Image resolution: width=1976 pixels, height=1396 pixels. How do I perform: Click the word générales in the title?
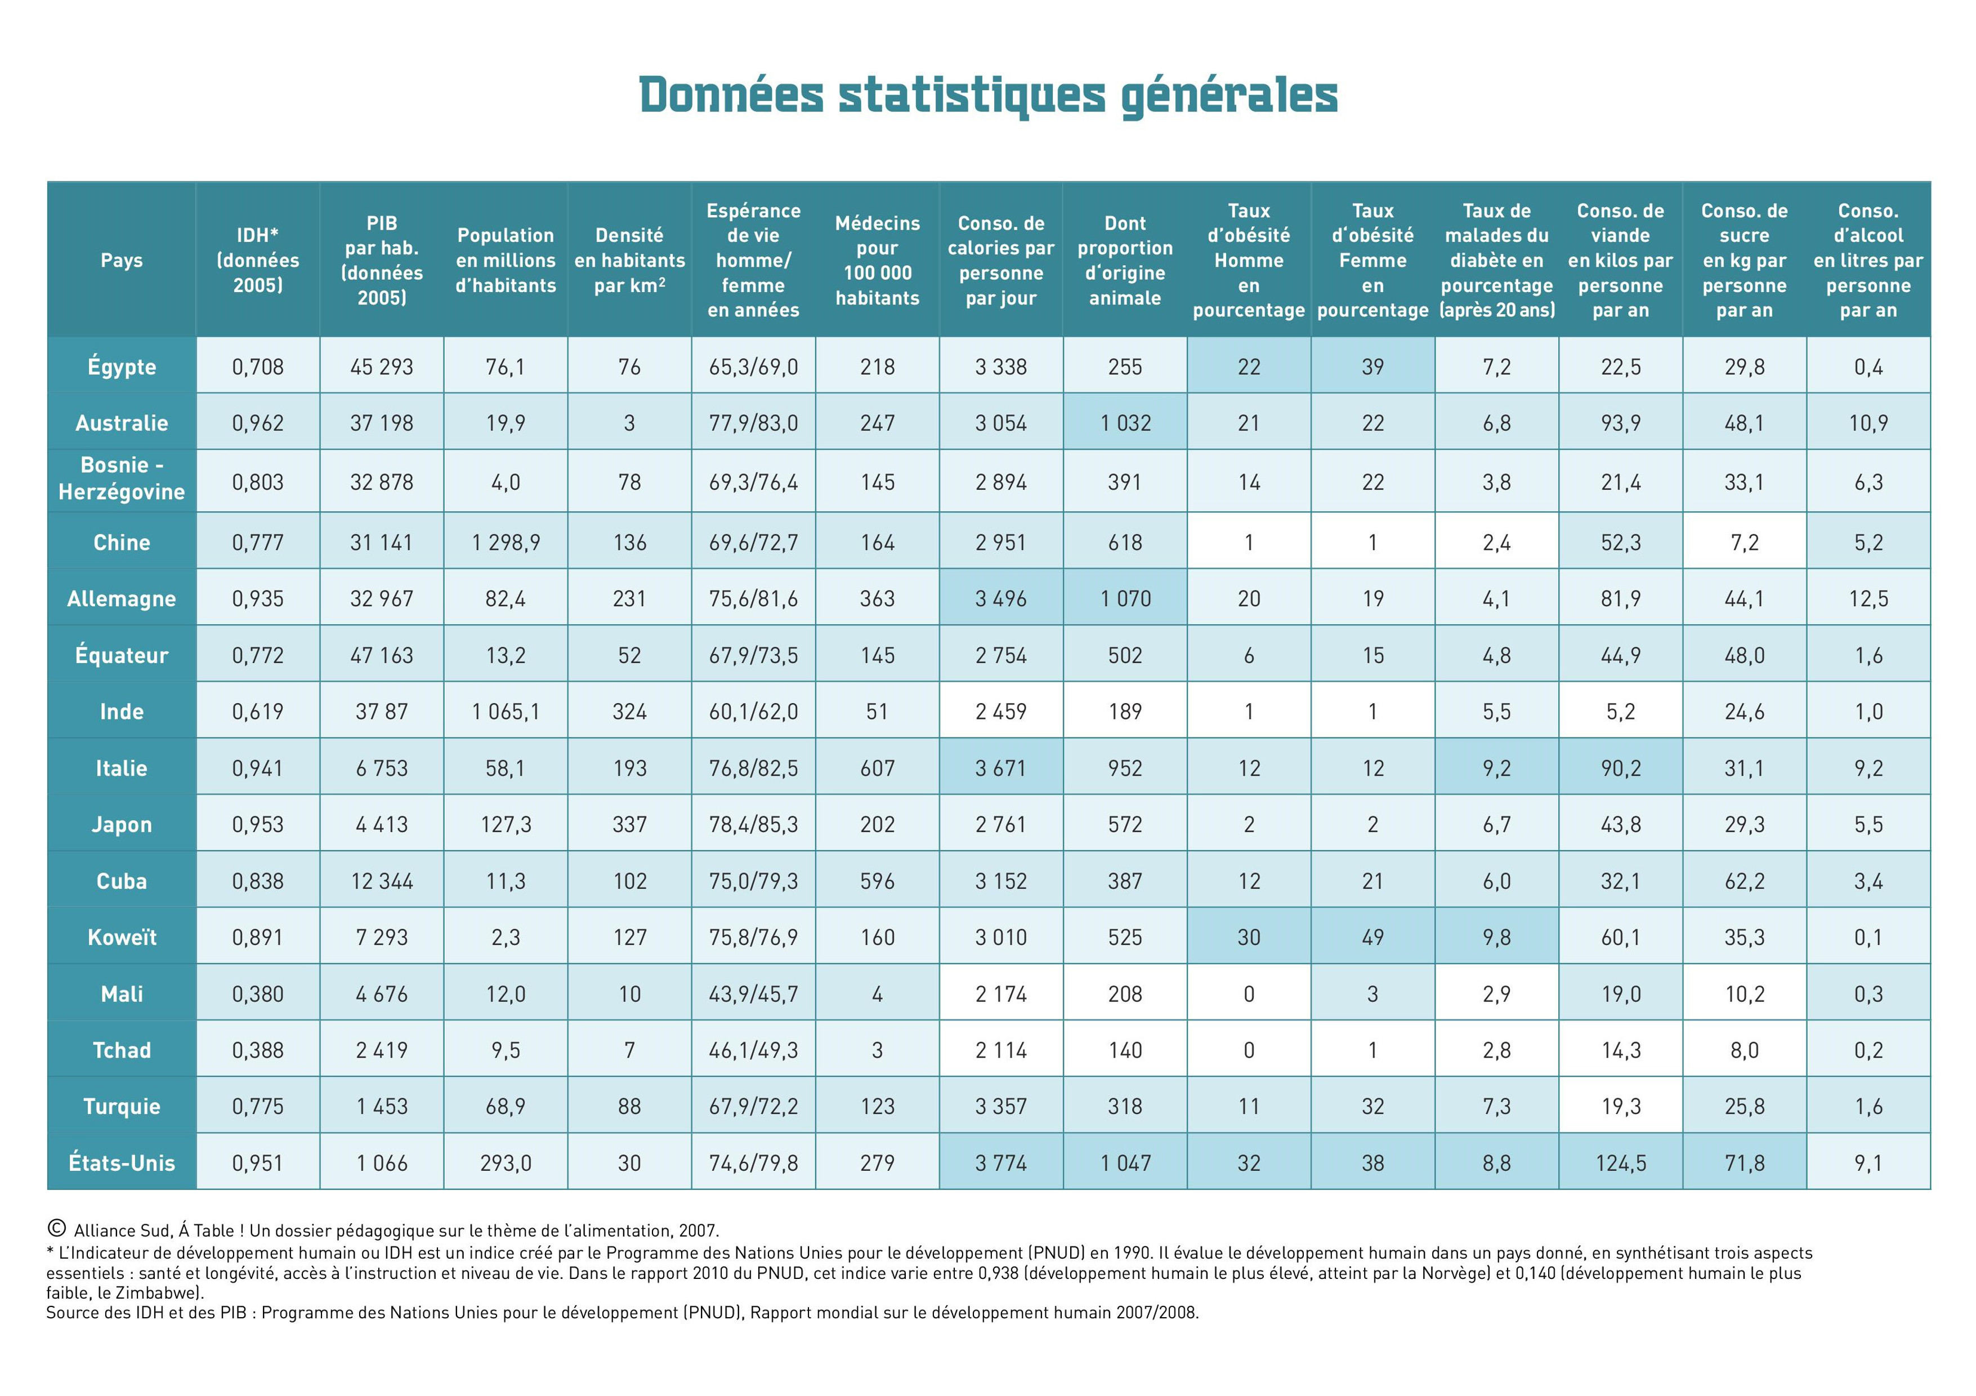[x=1229, y=96]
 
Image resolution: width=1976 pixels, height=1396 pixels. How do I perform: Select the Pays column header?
[x=122, y=260]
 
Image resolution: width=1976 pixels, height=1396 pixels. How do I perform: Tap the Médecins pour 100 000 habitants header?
[x=877, y=260]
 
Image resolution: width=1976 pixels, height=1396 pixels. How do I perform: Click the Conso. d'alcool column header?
[x=1867, y=260]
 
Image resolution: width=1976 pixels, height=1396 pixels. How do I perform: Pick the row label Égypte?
[x=122, y=366]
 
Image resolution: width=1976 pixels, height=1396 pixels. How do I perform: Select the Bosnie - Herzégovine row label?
[x=122, y=478]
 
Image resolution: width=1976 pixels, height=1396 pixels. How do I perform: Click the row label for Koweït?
[x=122, y=937]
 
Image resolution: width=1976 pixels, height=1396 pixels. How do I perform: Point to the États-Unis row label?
[x=122, y=1163]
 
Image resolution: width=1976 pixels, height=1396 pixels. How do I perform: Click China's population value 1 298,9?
[x=505, y=542]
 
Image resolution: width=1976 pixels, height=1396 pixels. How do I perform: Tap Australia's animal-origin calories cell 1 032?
[x=1125, y=423]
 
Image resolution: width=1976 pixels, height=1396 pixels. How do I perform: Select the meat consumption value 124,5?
[x=1621, y=1163]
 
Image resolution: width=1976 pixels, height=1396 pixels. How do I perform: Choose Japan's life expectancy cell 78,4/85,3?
[x=753, y=825]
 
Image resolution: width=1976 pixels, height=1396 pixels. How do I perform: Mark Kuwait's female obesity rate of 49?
[x=1373, y=937]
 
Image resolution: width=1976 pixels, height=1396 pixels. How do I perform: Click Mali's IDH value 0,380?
[x=257, y=994]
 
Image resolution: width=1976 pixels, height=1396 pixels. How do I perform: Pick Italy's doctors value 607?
[x=877, y=768]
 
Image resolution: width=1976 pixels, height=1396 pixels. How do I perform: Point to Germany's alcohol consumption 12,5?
[x=1867, y=598]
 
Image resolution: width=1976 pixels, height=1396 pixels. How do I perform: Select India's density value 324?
[x=629, y=712]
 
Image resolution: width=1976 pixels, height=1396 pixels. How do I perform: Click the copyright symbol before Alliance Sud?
[x=57, y=1228]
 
